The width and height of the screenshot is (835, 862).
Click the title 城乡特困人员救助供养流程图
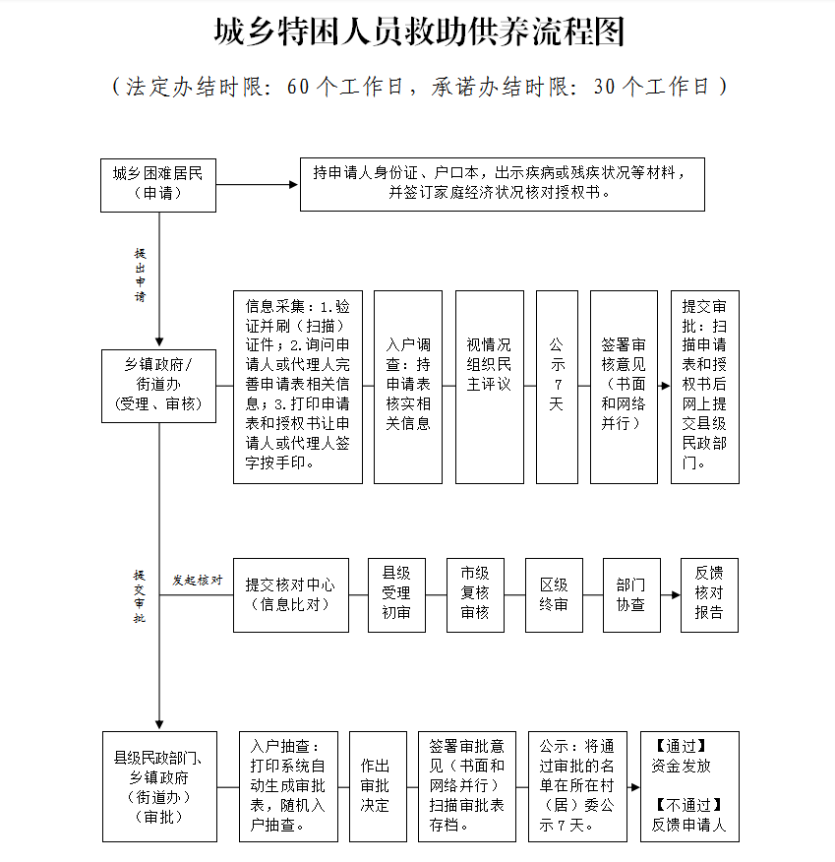tap(420, 32)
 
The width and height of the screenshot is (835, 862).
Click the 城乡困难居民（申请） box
tap(158, 184)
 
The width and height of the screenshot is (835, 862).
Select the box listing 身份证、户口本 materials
tap(502, 183)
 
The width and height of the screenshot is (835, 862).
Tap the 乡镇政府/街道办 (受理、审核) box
tap(158, 384)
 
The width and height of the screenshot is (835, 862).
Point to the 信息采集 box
tap(298, 386)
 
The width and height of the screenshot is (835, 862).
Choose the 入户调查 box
tap(408, 386)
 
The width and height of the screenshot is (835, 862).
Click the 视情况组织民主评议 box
tap(489, 386)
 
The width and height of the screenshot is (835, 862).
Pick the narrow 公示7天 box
tap(557, 386)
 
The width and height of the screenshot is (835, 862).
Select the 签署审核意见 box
tap(624, 386)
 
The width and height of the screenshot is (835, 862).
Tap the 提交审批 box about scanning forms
tap(704, 386)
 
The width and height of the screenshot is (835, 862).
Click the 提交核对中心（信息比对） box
tap(290, 594)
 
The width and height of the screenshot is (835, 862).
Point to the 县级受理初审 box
tap(396, 594)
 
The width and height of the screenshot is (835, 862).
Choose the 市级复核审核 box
tap(475, 594)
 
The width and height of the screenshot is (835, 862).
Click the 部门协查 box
tap(630, 594)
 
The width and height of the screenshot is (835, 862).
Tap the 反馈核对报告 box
tap(709, 594)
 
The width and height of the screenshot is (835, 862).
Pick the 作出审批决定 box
tap(375, 785)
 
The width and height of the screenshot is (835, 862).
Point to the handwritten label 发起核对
tap(197, 580)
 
